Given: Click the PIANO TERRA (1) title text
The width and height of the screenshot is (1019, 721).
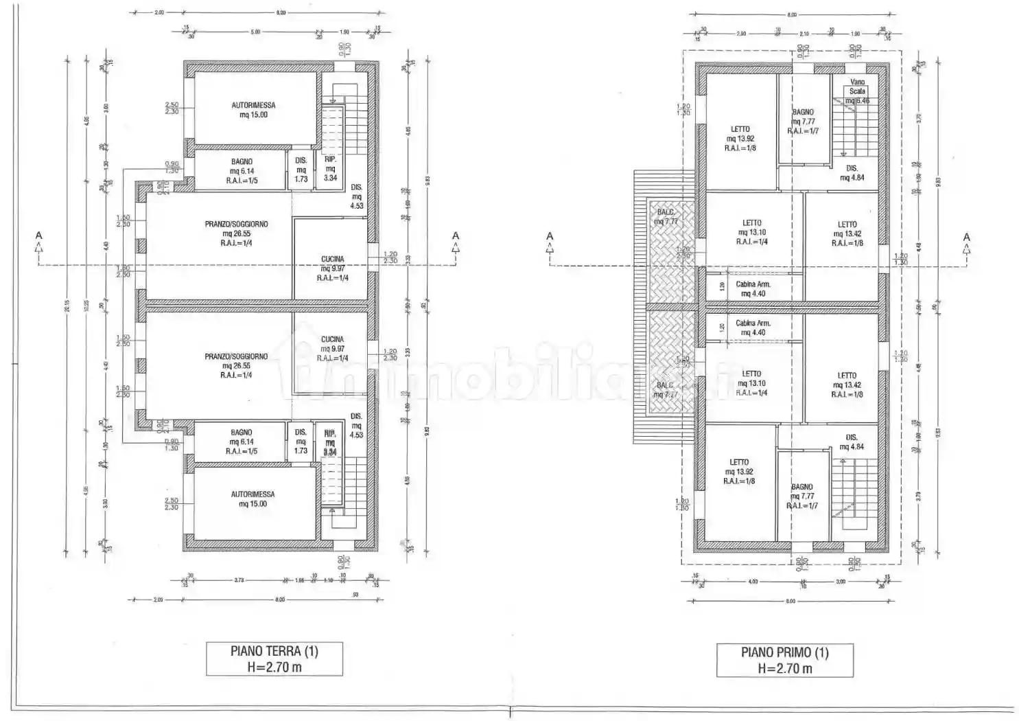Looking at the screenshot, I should (274, 651).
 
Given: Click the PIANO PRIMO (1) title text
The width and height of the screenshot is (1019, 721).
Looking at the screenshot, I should (784, 652).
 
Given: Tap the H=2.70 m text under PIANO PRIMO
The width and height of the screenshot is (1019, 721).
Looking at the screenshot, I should (785, 668).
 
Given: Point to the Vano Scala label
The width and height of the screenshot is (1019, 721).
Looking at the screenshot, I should (857, 87).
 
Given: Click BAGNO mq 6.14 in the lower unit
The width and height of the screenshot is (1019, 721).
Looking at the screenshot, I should (242, 442).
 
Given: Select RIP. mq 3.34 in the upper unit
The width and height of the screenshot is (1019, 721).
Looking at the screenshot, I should (330, 168).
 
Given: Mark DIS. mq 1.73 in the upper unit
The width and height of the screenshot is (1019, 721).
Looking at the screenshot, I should (301, 170).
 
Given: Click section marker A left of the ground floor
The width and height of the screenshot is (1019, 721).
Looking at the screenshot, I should (39, 236).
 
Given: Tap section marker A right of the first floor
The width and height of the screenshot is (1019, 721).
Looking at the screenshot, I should (966, 238).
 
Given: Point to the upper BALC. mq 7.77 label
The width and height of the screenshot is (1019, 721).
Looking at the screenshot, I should (666, 217).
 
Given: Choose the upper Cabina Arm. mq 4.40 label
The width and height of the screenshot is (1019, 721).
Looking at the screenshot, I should (753, 288).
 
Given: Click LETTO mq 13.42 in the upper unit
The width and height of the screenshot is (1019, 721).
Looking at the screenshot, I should (847, 233).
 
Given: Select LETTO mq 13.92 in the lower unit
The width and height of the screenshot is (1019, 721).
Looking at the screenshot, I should (739, 472).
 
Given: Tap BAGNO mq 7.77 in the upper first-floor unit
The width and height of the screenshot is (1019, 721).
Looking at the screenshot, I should (803, 121).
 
